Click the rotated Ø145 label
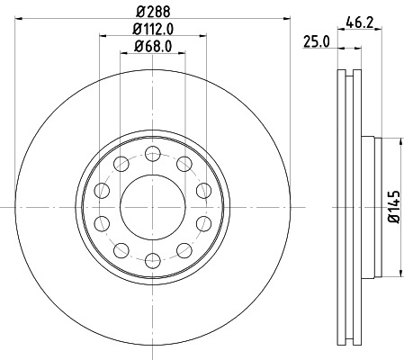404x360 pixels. pyautogui.click(x=393, y=206)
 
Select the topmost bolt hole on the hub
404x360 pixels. pyautogui.click(x=151, y=150)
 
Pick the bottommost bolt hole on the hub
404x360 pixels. pyautogui.click(x=151, y=262)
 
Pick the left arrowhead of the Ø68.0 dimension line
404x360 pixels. pyautogui.click(x=122, y=52)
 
